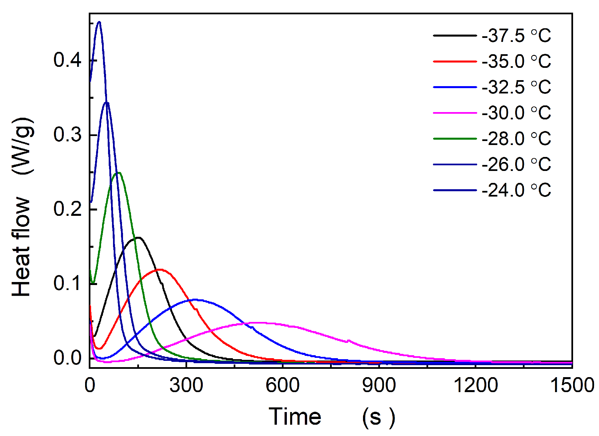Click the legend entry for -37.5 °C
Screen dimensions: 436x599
[516, 36]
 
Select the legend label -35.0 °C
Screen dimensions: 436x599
[516, 62]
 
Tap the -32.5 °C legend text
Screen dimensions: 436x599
[516, 87]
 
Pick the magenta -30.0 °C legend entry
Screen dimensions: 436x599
[516, 113]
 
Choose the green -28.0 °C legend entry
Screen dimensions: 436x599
[516, 139]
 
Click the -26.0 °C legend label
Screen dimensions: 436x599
[516, 165]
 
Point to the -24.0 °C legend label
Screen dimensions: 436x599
[516, 190]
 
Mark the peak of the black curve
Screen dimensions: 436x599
[138, 237]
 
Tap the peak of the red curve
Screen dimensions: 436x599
[160, 269]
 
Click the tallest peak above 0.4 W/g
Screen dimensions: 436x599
[99, 22]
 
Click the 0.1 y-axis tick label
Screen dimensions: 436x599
[67, 283]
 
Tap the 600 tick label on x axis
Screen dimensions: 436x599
[283, 385]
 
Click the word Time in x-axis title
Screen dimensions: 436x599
[295, 416]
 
